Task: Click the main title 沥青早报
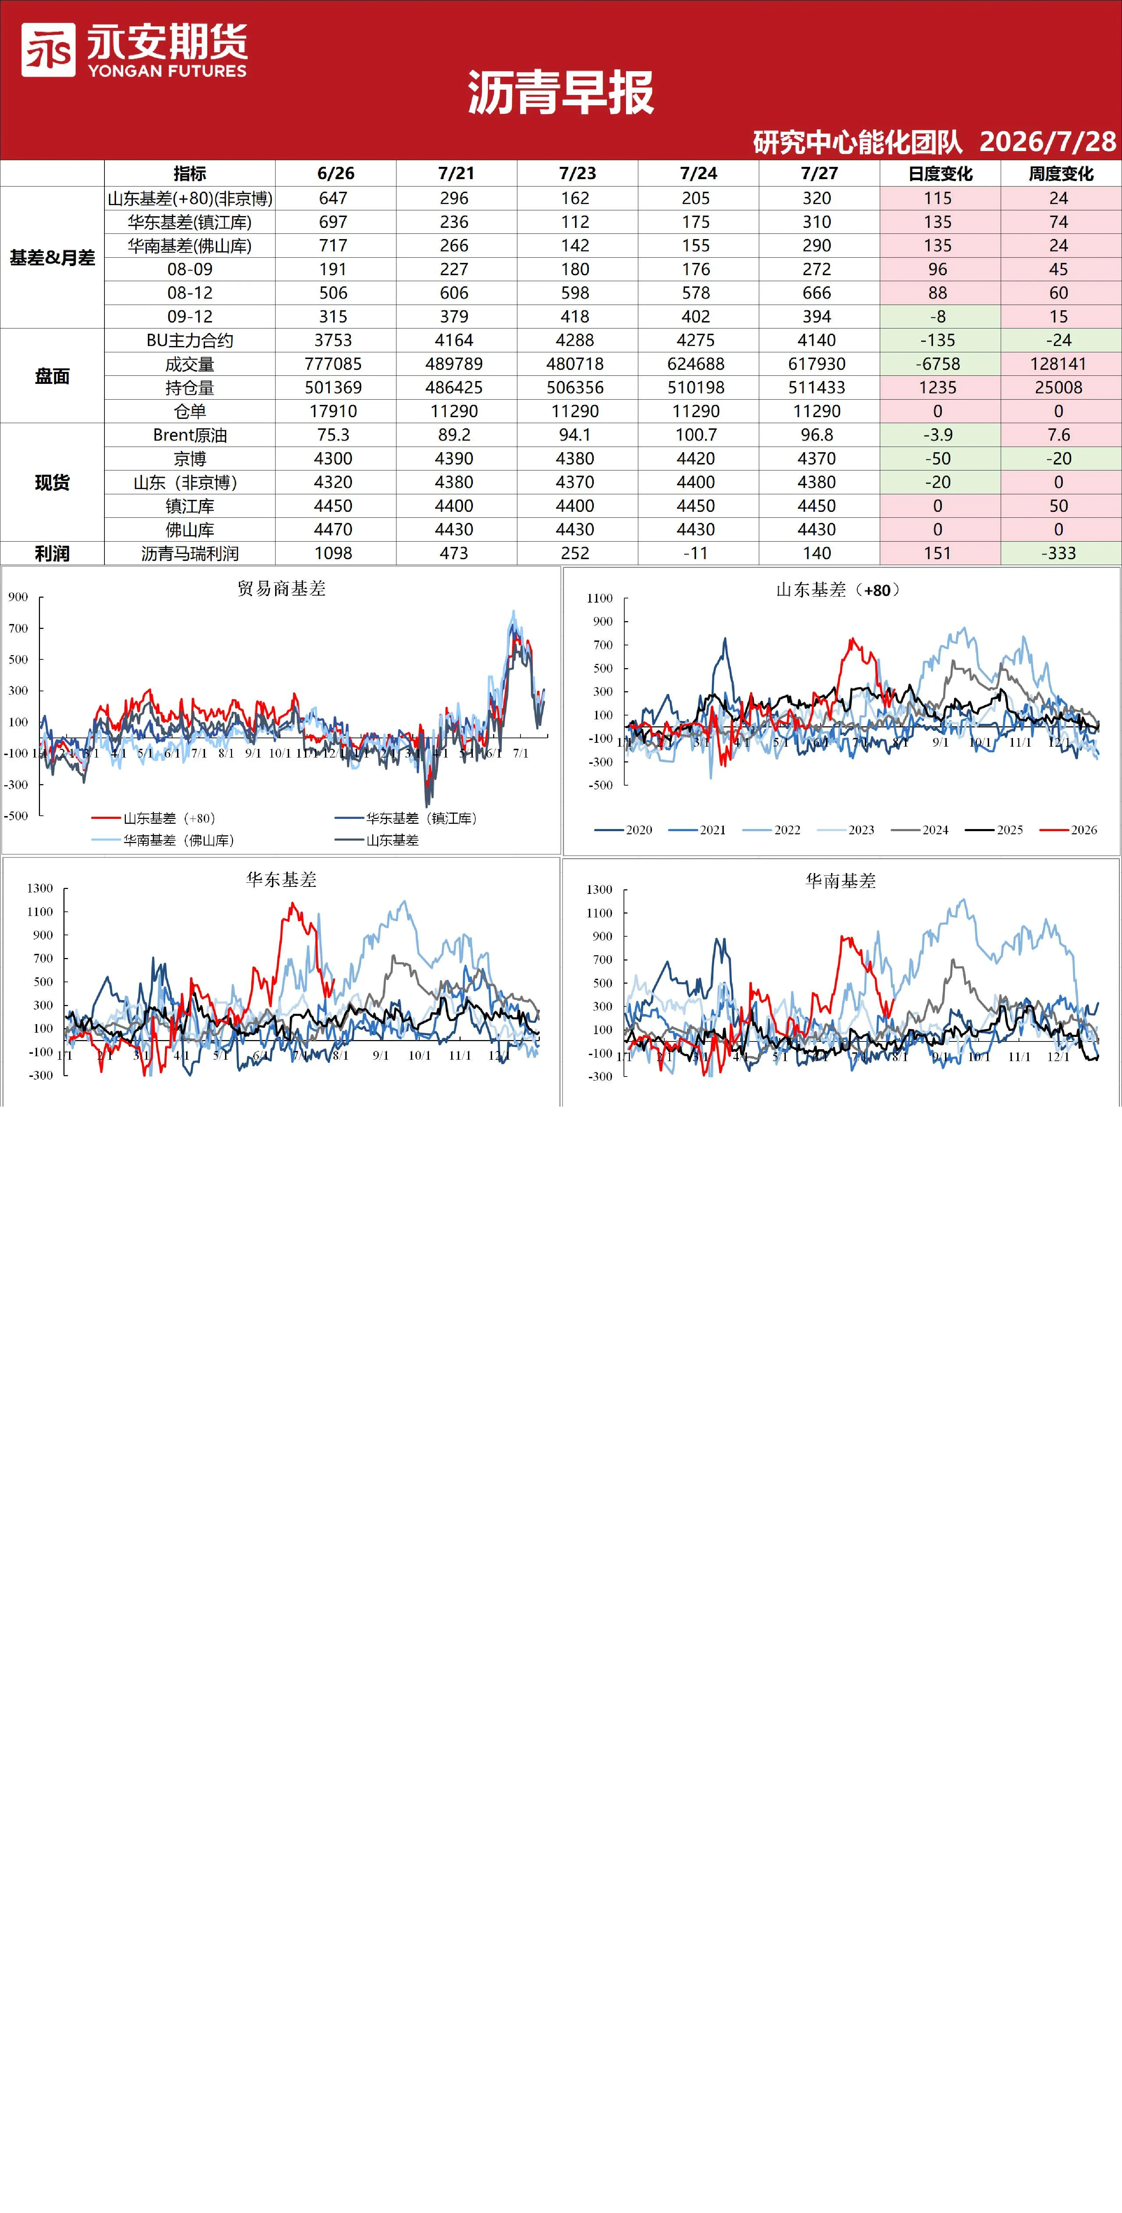click(561, 93)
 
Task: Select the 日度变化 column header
click(940, 174)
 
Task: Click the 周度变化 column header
click(1061, 174)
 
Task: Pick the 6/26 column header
click(335, 174)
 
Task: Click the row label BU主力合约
click(190, 340)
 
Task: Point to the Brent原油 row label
click(190, 435)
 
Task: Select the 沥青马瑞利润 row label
click(190, 553)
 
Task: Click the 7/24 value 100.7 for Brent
click(696, 435)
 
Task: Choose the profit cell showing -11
click(696, 553)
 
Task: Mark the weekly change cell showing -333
click(1059, 553)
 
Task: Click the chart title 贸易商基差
click(282, 589)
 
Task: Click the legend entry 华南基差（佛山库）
click(163, 840)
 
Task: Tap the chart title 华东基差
click(282, 880)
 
